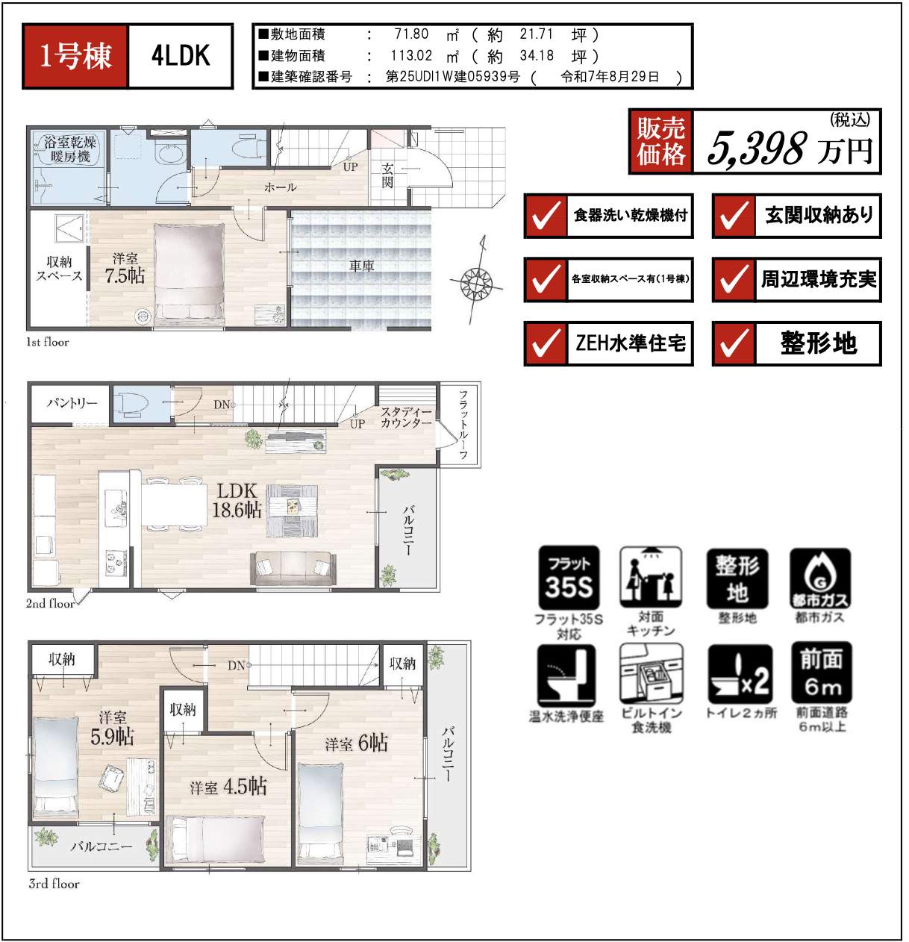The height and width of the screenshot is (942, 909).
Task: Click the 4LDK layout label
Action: [x=181, y=56]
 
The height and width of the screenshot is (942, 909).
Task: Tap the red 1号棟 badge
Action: [x=75, y=56]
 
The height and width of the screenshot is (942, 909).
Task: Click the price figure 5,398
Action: [x=757, y=148]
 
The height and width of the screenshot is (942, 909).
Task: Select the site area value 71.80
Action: [x=411, y=34]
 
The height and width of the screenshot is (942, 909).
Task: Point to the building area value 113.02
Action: [x=411, y=56]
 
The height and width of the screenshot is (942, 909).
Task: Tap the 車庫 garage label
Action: [x=361, y=266]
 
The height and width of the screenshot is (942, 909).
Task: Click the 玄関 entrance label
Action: [x=387, y=175]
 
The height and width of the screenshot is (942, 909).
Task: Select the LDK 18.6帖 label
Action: [x=237, y=500]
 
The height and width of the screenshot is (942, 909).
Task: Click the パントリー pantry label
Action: [x=72, y=403]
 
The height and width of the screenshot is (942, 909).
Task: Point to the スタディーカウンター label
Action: [x=406, y=417]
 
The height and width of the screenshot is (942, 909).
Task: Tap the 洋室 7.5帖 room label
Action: [x=125, y=269]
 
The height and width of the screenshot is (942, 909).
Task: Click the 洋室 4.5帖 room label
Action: [x=228, y=787]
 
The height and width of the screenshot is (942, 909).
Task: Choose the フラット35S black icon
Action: [x=569, y=578]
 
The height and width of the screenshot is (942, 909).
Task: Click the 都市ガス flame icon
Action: [x=819, y=578]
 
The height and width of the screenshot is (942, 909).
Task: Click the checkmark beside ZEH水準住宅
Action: [x=546, y=343]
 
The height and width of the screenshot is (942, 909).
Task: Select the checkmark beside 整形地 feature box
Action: [x=734, y=343]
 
